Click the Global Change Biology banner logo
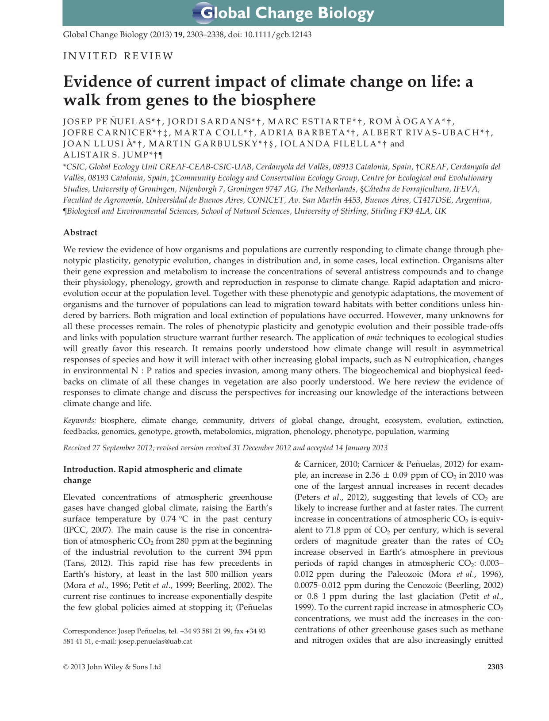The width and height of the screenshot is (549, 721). pos(283,13)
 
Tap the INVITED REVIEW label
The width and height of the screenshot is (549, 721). pos(119,56)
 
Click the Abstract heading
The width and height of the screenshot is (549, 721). pos(80,233)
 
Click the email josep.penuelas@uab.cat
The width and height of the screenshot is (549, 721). pos(155,641)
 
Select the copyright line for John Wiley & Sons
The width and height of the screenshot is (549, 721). pos(112,667)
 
